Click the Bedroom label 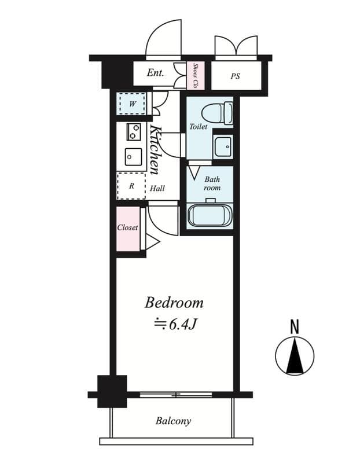(174, 302)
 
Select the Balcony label (173, 421)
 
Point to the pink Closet (128, 228)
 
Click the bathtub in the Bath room (210, 215)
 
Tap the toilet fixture (222, 113)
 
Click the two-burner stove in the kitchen (134, 132)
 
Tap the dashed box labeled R (131, 186)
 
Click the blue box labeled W (132, 104)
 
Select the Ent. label (155, 73)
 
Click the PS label (235, 76)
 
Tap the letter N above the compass (295, 326)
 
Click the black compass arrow (295, 357)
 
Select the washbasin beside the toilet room (222, 148)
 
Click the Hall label (157, 188)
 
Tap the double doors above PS (236, 46)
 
